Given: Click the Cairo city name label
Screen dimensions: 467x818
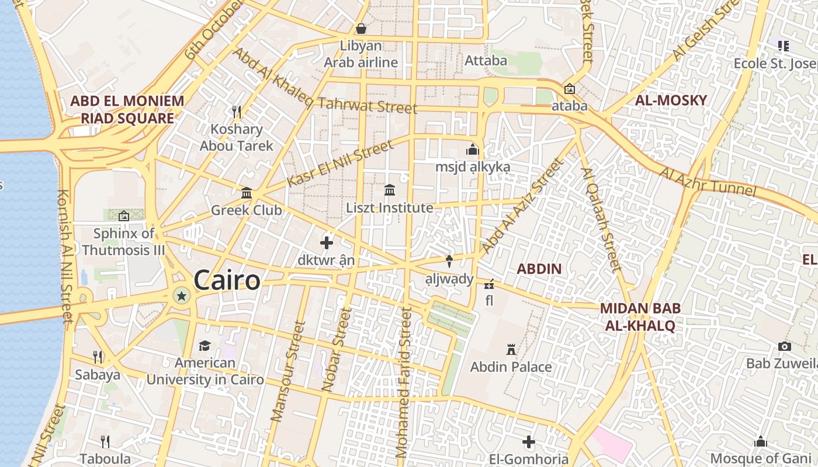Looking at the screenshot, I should [227, 280].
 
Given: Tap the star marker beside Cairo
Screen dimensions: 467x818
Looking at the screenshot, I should [182, 296].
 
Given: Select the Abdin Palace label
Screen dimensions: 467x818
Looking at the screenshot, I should [511, 367].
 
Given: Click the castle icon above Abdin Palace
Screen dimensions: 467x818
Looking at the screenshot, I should [511, 350].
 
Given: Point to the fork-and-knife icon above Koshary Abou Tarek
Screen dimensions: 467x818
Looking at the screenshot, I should [237, 111].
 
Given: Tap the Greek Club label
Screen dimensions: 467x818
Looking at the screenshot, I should [247, 210].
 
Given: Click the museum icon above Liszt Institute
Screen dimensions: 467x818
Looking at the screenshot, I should [390, 190].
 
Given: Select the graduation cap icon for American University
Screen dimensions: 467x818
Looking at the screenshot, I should [204, 346].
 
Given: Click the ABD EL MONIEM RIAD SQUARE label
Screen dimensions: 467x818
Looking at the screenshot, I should [127, 110].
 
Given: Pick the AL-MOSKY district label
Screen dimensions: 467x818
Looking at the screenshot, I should [671, 100].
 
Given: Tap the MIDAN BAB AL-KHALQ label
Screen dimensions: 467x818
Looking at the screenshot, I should [640, 317].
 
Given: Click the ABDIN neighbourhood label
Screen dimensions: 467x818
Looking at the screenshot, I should [539, 269].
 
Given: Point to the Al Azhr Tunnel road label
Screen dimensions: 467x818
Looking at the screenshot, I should [708, 182].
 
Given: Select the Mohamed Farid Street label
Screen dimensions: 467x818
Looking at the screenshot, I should [404, 382].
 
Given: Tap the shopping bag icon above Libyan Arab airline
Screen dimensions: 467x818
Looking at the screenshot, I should [361, 28].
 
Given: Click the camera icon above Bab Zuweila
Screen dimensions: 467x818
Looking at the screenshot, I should [785, 347].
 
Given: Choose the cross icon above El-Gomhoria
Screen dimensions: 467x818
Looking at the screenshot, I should [529, 442].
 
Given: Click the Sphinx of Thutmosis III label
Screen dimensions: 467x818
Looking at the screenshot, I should [124, 242].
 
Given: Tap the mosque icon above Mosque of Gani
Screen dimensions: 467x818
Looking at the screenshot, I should [760, 441].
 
